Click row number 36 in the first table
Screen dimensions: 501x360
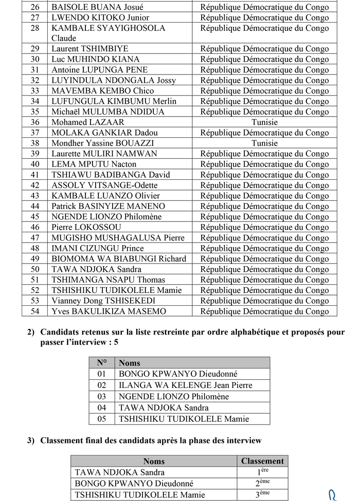click(x=35, y=122)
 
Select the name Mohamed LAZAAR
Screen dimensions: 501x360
click(x=88, y=122)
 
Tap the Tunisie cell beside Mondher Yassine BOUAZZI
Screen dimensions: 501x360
click(x=264, y=143)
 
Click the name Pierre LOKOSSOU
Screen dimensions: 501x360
click(x=86, y=227)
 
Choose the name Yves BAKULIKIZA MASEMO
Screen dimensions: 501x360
click(x=109, y=311)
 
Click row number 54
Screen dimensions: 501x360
click(x=35, y=311)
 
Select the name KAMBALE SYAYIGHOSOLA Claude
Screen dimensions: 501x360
click(x=108, y=33)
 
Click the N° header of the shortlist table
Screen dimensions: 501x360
click(x=102, y=363)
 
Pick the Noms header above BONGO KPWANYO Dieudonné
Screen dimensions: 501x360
click(x=130, y=363)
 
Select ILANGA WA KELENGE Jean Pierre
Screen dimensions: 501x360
click(x=186, y=385)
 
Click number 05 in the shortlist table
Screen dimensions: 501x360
click(x=102, y=419)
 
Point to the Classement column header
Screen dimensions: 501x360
click(x=262, y=461)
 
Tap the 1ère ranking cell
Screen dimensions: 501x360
click(x=262, y=472)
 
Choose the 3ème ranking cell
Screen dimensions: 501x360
click(x=262, y=494)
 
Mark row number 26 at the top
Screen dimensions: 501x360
click(x=35, y=7)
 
